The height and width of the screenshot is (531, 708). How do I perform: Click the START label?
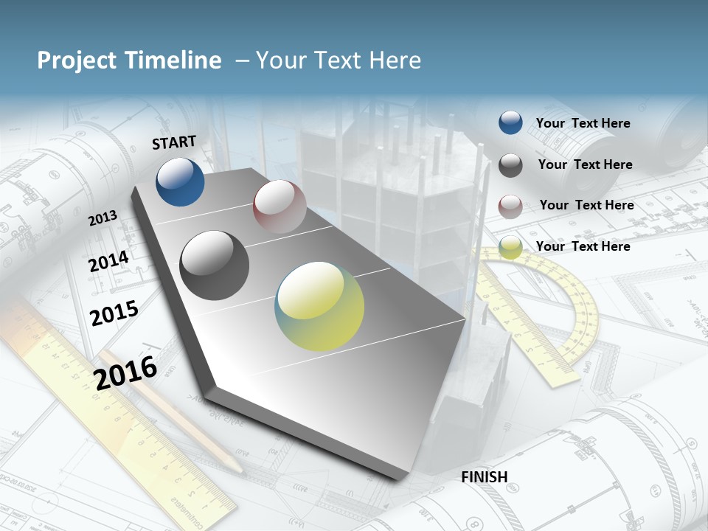(x=174, y=142)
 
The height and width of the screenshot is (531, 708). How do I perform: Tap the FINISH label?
(x=485, y=477)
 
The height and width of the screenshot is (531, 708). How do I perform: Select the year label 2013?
(x=103, y=218)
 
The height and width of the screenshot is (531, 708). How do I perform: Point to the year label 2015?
(x=114, y=313)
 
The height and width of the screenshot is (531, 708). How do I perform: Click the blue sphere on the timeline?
(x=180, y=181)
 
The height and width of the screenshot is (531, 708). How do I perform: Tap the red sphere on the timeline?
(x=280, y=206)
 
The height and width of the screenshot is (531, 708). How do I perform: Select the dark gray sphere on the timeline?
(x=215, y=265)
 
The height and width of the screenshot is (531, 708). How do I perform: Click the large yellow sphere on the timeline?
(x=319, y=306)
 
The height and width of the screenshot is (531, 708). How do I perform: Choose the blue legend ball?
(x=510, y=123)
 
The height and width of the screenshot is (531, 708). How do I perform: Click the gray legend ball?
(x=510, y=165)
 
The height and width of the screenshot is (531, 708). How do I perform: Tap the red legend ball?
(x=510, y=206)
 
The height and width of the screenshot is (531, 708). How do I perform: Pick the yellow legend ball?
(x=510, y=247)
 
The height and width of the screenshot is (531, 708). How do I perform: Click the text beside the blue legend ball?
(x=583, y=123)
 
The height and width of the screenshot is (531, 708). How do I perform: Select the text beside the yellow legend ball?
(x=583, y=246)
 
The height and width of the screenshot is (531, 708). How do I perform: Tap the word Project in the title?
(x=76, y=60)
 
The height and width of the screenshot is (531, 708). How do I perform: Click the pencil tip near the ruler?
(x=237, y=468)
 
